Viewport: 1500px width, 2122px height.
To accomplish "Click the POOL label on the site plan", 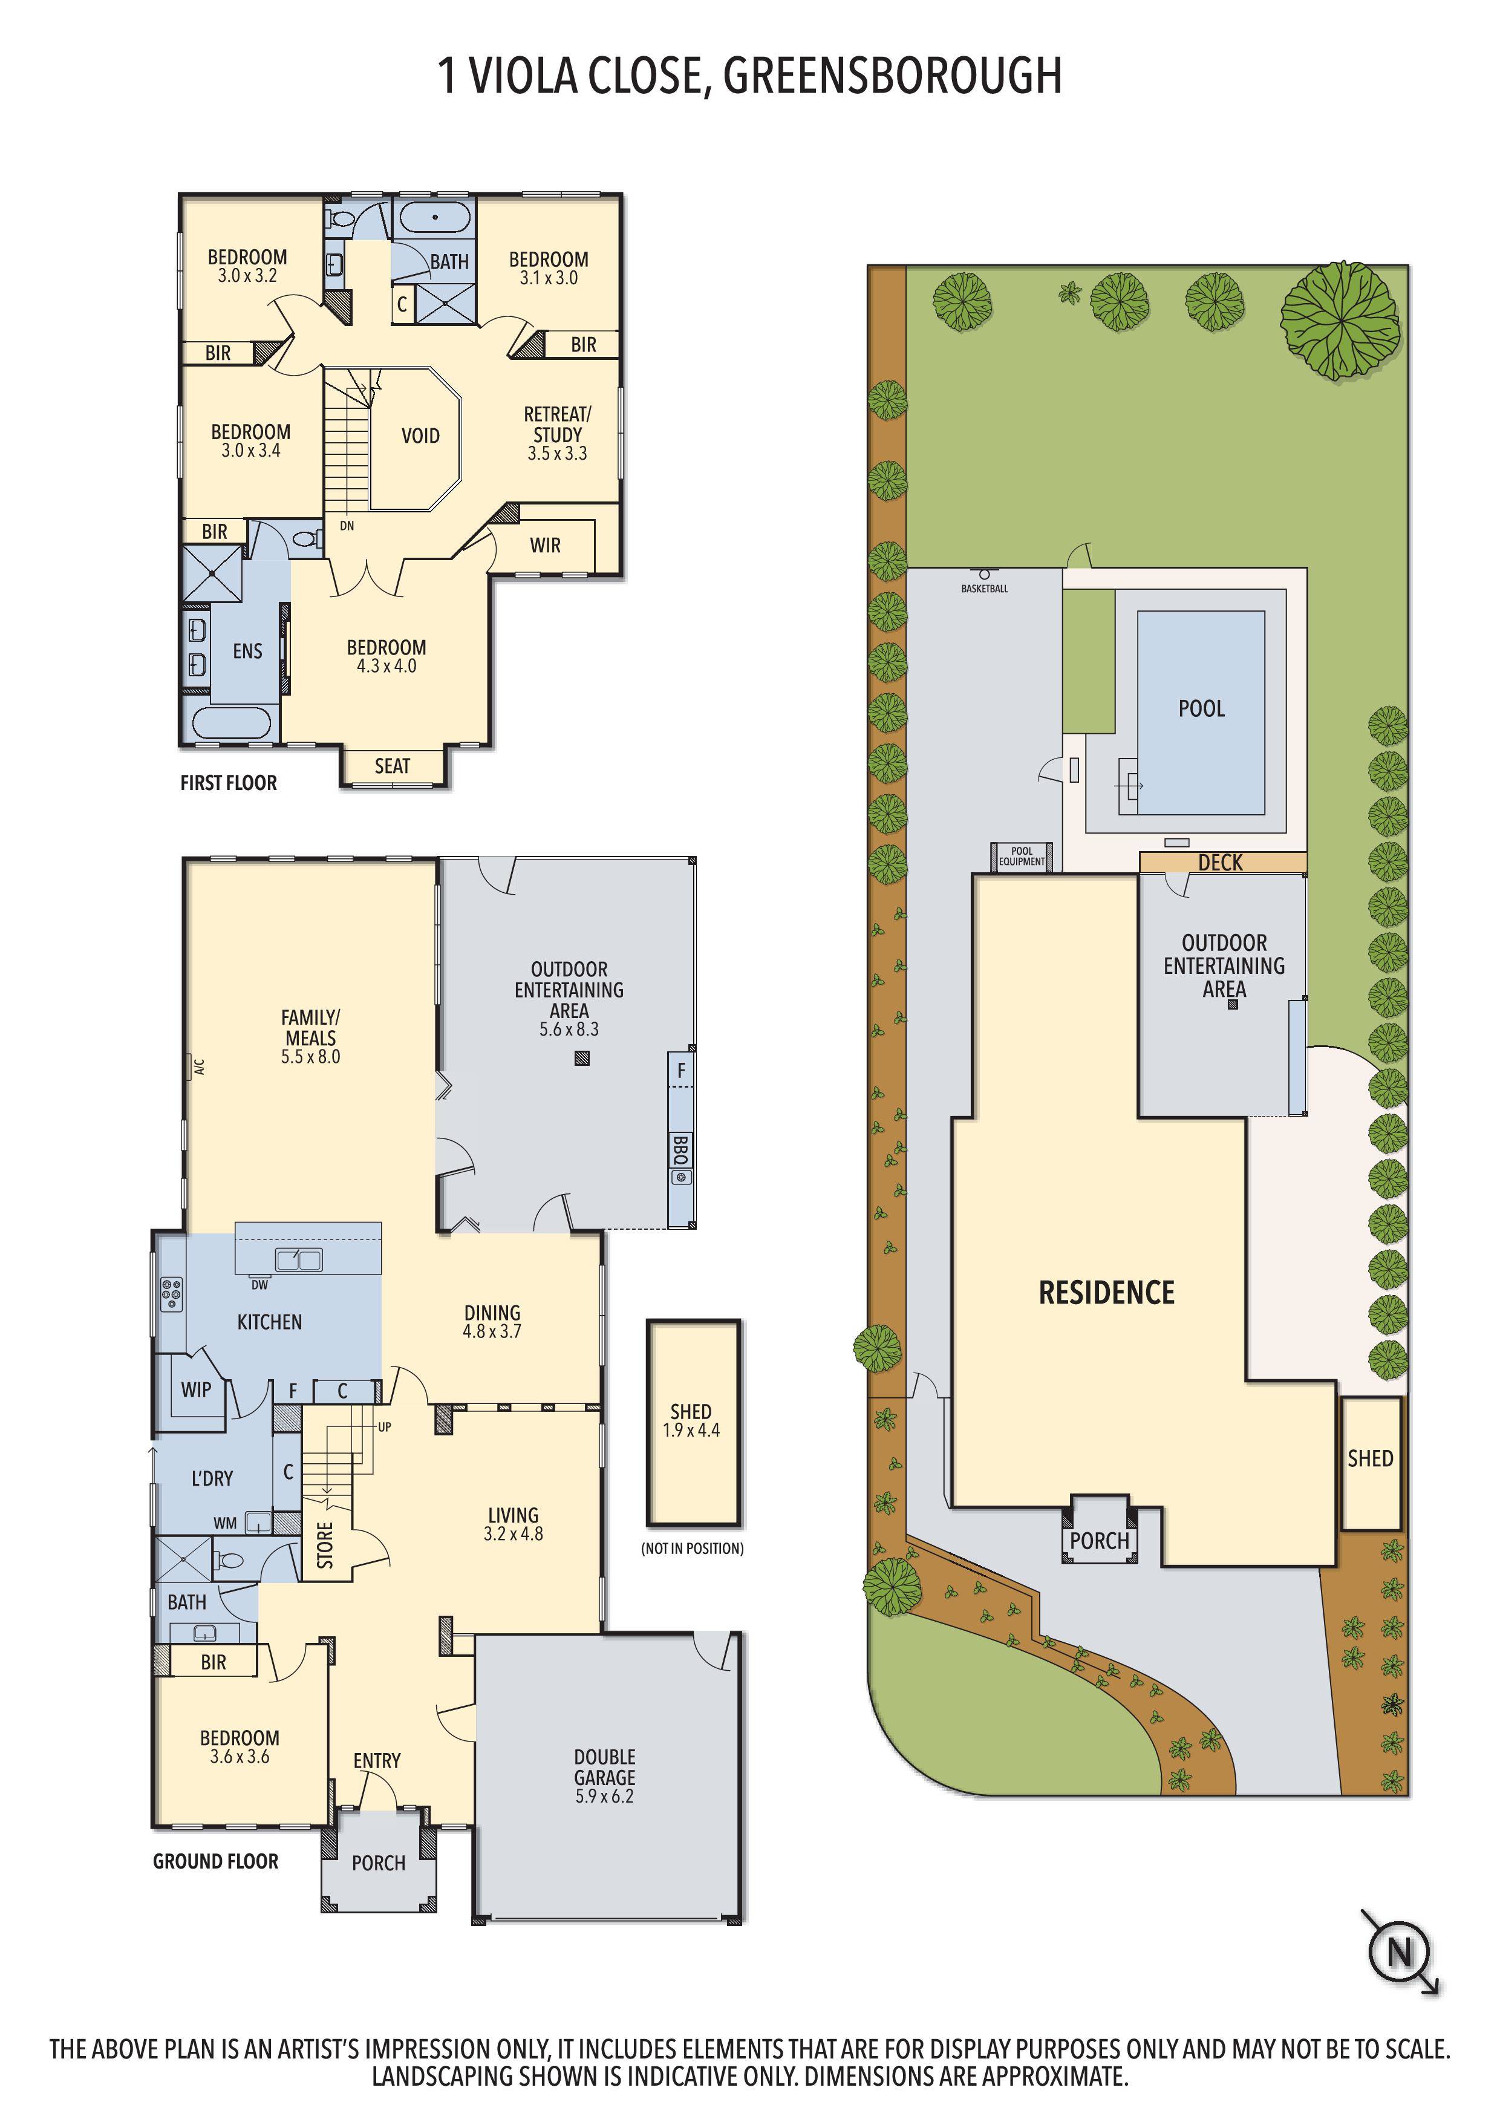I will [x=1201, y=709].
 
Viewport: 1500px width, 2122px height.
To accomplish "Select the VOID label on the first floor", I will [x=420, y=436].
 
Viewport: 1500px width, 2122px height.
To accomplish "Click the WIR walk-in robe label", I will [x=544, y=545].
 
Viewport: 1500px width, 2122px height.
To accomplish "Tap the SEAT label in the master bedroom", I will [x=392, y=766].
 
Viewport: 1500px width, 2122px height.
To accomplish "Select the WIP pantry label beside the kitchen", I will [x=196, y=1389].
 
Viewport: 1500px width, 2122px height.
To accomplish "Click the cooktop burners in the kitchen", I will [x=171, y=1294].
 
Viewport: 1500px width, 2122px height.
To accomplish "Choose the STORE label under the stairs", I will [x=325, y=1546].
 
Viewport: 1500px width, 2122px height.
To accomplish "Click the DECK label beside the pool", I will [x=1220, y=863].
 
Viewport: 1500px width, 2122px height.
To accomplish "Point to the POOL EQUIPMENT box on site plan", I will [x=1021, y=857].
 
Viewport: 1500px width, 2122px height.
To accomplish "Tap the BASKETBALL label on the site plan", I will [x=984, y=589].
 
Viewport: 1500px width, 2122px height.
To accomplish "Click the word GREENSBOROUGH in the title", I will [x=892, y=76].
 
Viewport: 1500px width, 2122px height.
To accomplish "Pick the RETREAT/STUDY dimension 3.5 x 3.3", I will [x=557, y=454].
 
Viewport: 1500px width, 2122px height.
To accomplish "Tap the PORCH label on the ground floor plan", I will [x=378, y=1863].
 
